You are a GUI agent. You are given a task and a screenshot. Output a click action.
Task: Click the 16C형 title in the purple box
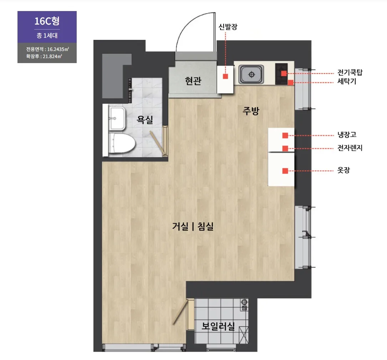click(x=47, y=21)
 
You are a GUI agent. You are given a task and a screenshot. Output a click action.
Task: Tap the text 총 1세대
click(x=47, y=36)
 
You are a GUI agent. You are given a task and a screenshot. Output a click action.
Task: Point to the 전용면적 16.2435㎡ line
click(x=47, y=49)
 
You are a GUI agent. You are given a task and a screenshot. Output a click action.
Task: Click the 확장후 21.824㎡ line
click(x=44, y=56)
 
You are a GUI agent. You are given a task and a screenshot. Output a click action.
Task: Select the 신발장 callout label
click(x=228, y=27)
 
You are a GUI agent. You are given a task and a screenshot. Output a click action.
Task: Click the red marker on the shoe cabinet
click(x=225, y=76)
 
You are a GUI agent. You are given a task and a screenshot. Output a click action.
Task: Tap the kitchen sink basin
click(x=251, y=74)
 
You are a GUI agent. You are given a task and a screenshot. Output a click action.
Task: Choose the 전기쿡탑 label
click(x=350, y=72)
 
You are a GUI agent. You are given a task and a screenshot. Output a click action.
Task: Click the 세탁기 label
click(x=347, y=81)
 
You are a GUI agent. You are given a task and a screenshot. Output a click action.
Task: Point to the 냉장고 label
click(x=347, y=135)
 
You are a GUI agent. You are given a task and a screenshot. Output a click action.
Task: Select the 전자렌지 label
click(x=350, y=148)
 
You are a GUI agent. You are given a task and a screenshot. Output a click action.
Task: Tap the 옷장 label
click(x=343, y=170)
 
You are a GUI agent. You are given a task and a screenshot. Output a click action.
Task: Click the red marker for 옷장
click(x=285, y=171)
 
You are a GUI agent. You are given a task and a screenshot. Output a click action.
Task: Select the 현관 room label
click(x=193, y=81)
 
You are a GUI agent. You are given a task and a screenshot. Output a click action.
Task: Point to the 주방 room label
click(x=251, y=111)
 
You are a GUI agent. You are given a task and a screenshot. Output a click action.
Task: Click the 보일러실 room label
click(x=218, y=326)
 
